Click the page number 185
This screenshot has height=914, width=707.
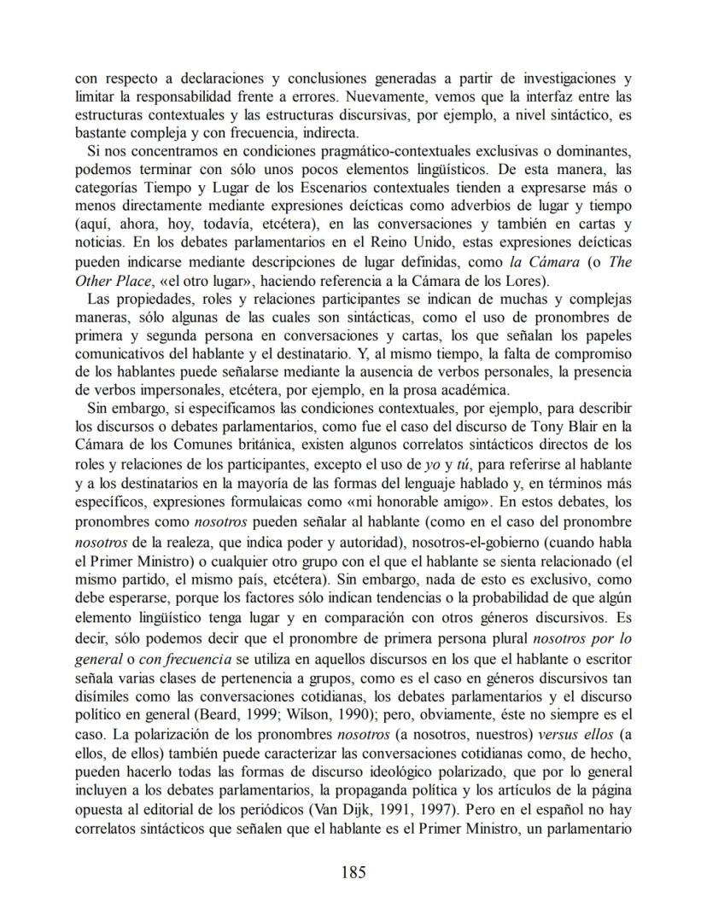tap(353, 871)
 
